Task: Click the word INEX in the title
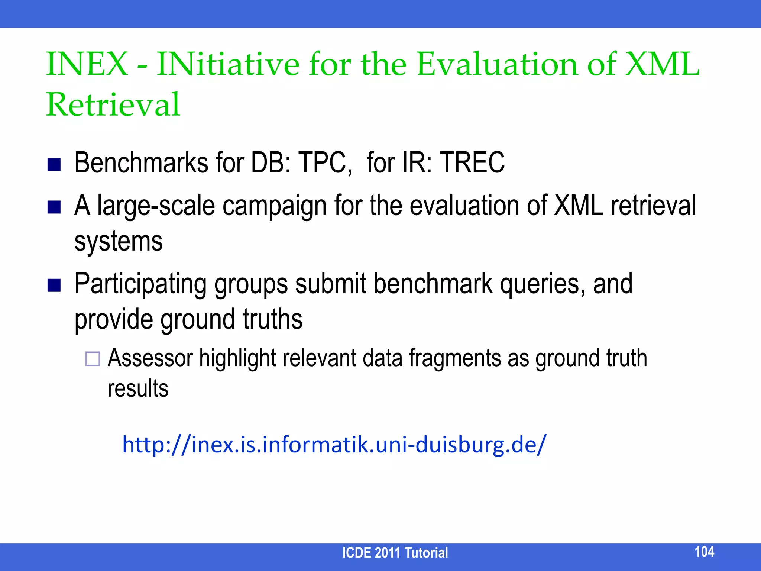87,64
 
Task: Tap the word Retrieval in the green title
113,104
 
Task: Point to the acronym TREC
472,163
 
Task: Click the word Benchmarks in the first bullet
141,163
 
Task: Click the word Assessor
150,358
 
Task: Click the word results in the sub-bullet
138,389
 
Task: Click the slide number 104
704,552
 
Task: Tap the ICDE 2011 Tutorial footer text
395,553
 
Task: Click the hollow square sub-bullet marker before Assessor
93,359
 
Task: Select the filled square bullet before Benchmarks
54,164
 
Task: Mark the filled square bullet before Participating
54,286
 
